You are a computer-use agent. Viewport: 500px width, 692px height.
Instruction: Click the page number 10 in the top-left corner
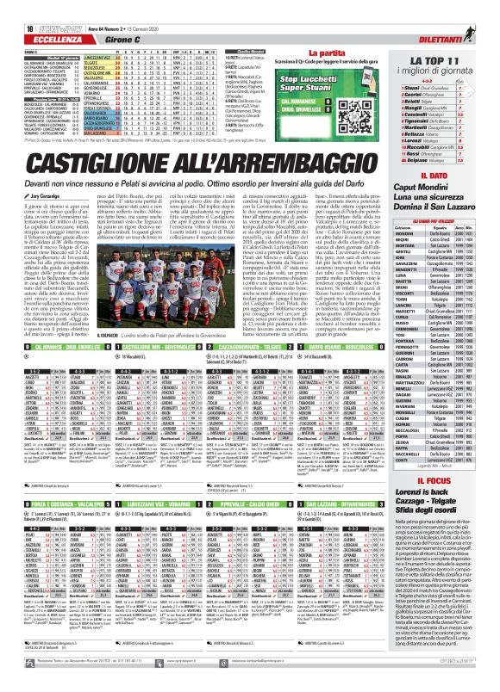pyautogui.click(x=18, y=8)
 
